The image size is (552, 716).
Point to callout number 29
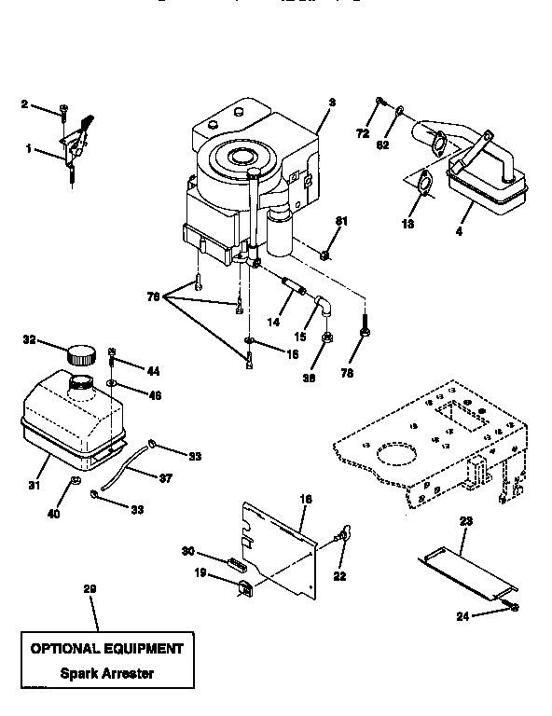(x=90, y=589)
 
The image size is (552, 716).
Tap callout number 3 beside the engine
(x=332, y=101)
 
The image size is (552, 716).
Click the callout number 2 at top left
(x=24, y=104)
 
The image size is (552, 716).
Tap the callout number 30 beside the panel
(x=187, y=550)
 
